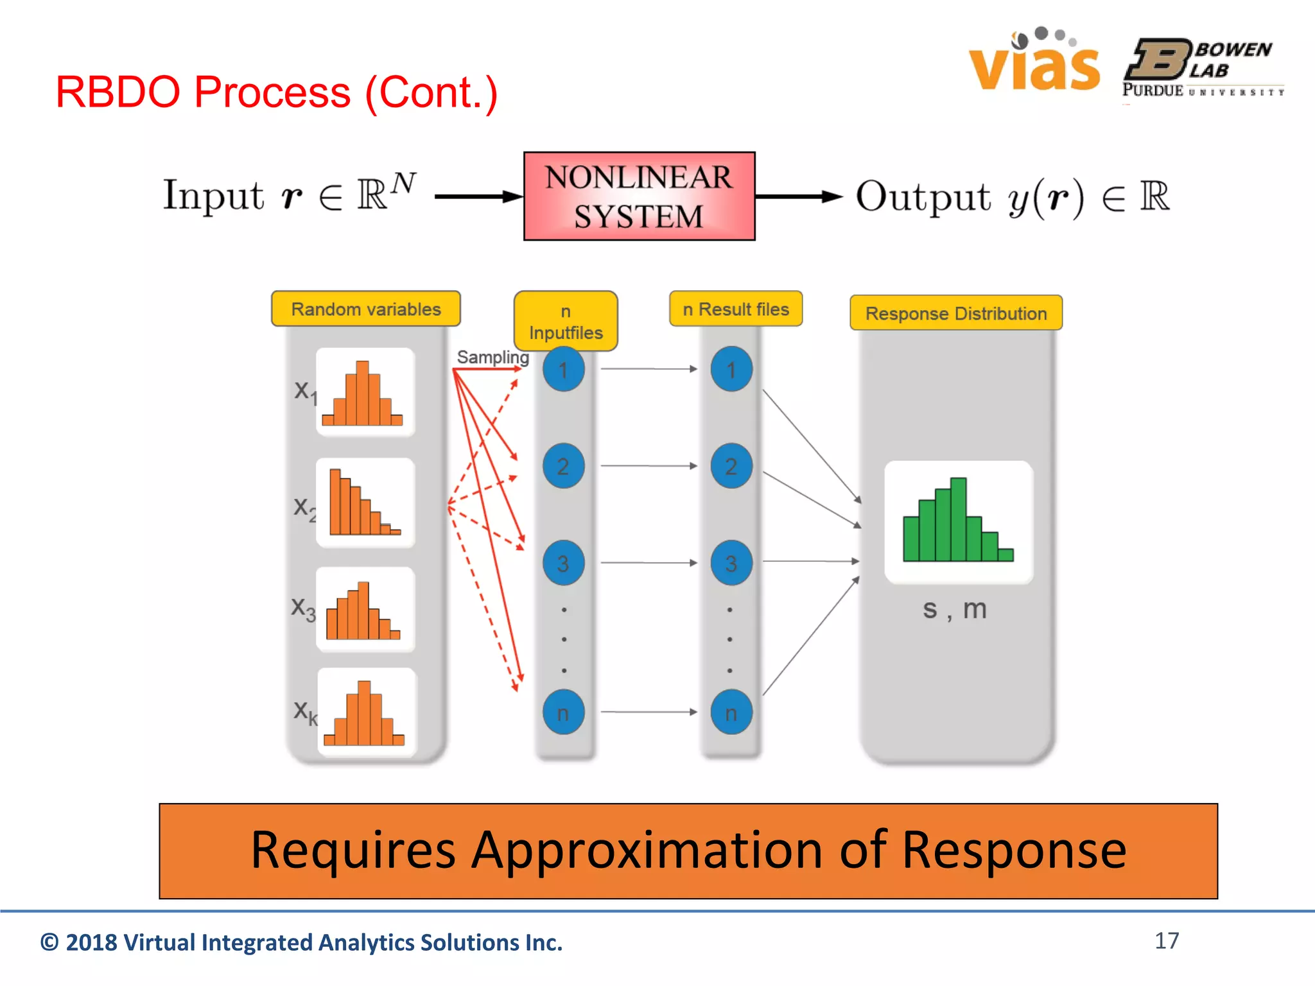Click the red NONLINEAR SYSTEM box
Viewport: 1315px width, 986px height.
click(x=639, y=196)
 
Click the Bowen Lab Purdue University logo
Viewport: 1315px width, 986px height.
click(x=1203, y=68)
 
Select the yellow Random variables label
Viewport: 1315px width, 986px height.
click(x=366, y=309)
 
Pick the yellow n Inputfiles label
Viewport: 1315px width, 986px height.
click(x=566, y=322)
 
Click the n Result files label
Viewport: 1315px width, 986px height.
click(x=736, y=309)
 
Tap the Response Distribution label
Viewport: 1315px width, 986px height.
click(x=956, y=314)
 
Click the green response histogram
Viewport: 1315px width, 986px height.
click(x=958, y=521)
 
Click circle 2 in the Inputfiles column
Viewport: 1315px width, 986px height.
click(x=563, y=466)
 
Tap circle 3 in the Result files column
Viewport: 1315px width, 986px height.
click(x=731, y=563)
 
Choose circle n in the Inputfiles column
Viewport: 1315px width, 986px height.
click(x=563, y=713)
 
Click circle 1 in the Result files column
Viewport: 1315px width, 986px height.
click(x=731, y=369)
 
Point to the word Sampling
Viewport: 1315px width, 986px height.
click(x=492, y=357)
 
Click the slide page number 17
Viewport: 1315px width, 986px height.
click(x=1166, y=940)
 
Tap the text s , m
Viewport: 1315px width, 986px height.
click(x=954, y=609)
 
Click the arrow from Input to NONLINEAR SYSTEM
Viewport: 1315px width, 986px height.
click(x=478, y=196)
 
